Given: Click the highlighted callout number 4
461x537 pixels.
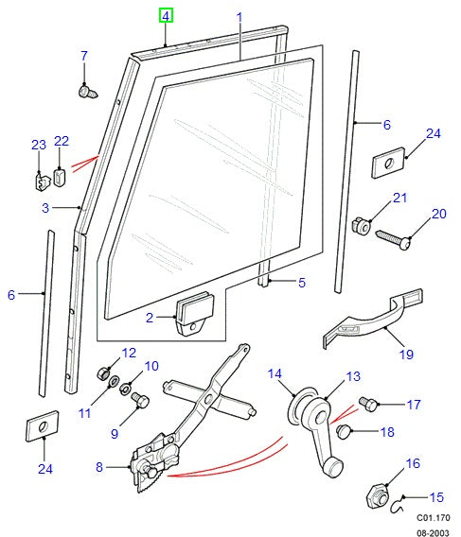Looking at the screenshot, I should coord(166,16).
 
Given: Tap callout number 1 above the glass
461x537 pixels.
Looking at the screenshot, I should coord(239,17).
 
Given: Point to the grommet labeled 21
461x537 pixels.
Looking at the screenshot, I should coord(360,225).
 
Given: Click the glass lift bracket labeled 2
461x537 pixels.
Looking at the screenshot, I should coord(193,314).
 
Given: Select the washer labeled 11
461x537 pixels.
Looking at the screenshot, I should coord(112,384).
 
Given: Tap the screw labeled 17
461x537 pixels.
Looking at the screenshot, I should coord(370,406).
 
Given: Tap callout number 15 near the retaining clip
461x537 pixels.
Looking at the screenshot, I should coord(436,496).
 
